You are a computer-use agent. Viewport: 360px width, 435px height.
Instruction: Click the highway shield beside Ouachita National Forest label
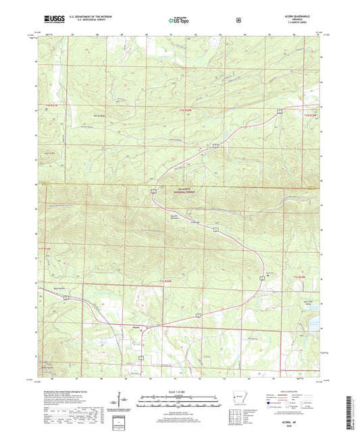coord(155,194)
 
